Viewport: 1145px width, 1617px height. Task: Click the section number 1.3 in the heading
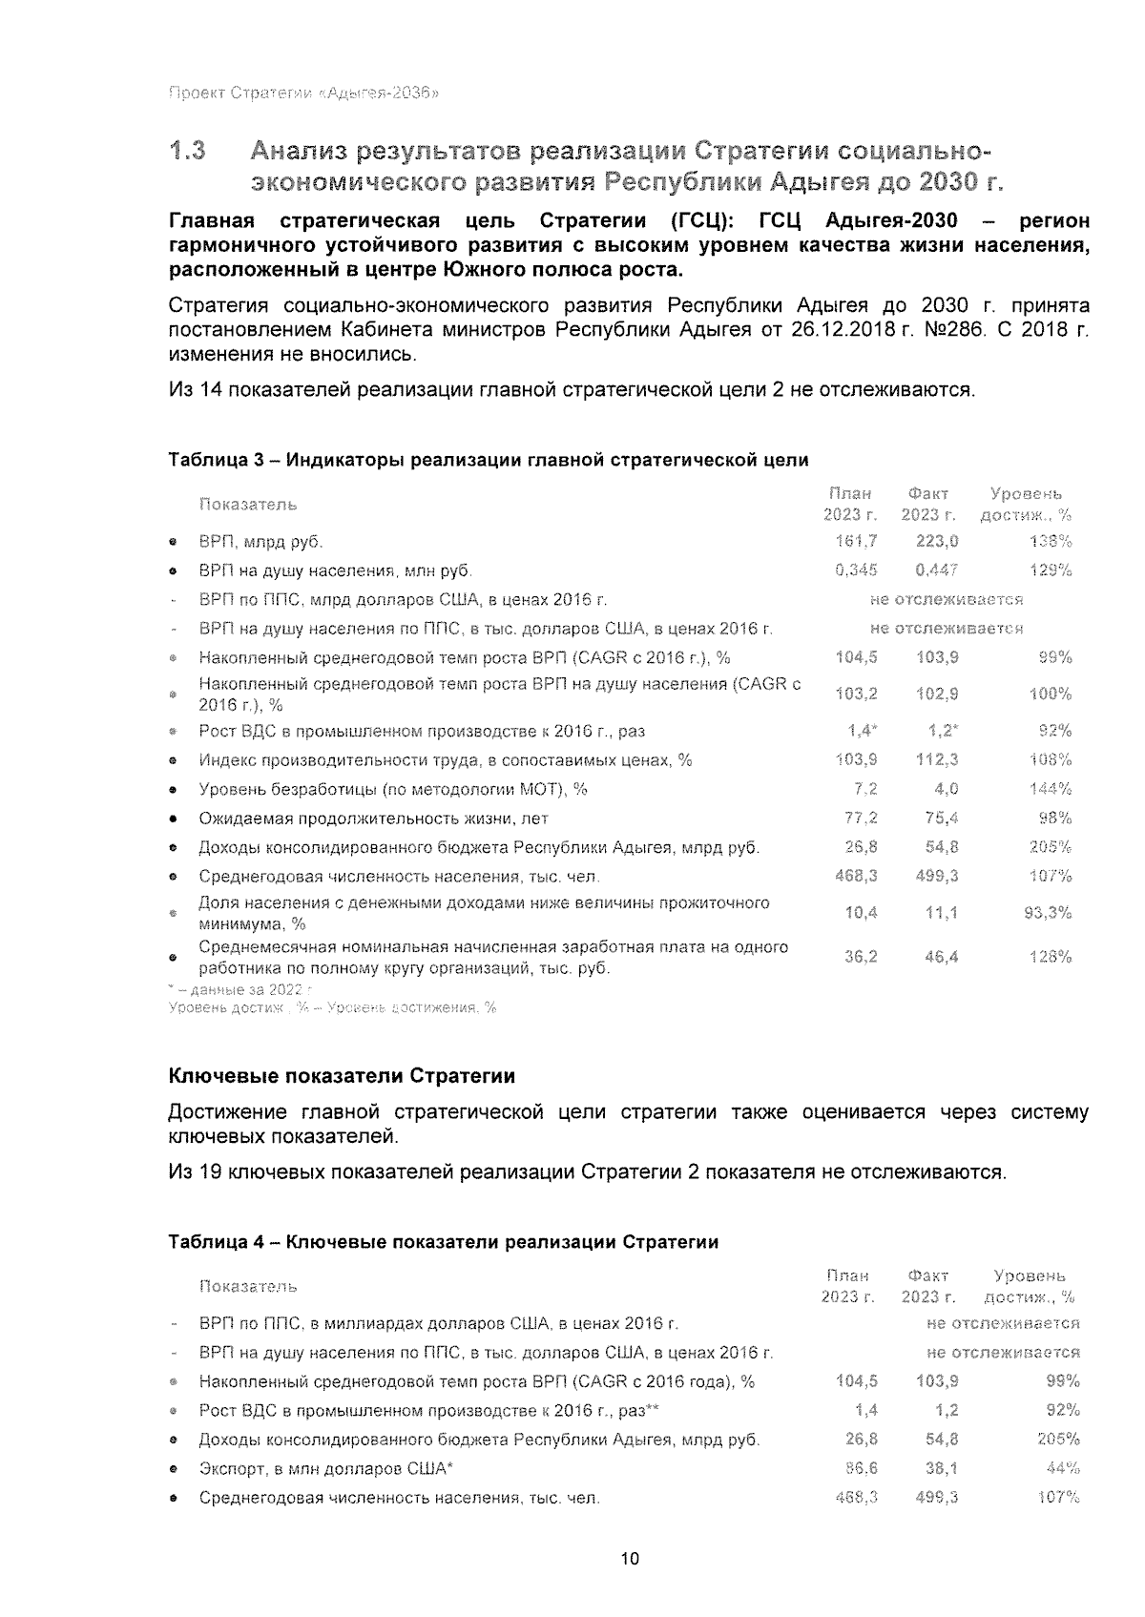[187, 152]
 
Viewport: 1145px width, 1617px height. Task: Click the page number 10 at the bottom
[630, 1559]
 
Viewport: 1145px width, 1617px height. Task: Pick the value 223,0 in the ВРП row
[936, 542]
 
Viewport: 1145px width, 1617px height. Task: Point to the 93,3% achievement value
[1047, 913]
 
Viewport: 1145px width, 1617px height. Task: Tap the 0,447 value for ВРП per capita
[936, 570]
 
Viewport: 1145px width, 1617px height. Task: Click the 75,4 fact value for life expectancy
[941, 818]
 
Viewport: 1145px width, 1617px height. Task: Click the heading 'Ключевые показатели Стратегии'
[342, 1076]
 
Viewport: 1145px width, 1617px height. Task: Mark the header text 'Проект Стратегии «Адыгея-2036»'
[303, 93]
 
